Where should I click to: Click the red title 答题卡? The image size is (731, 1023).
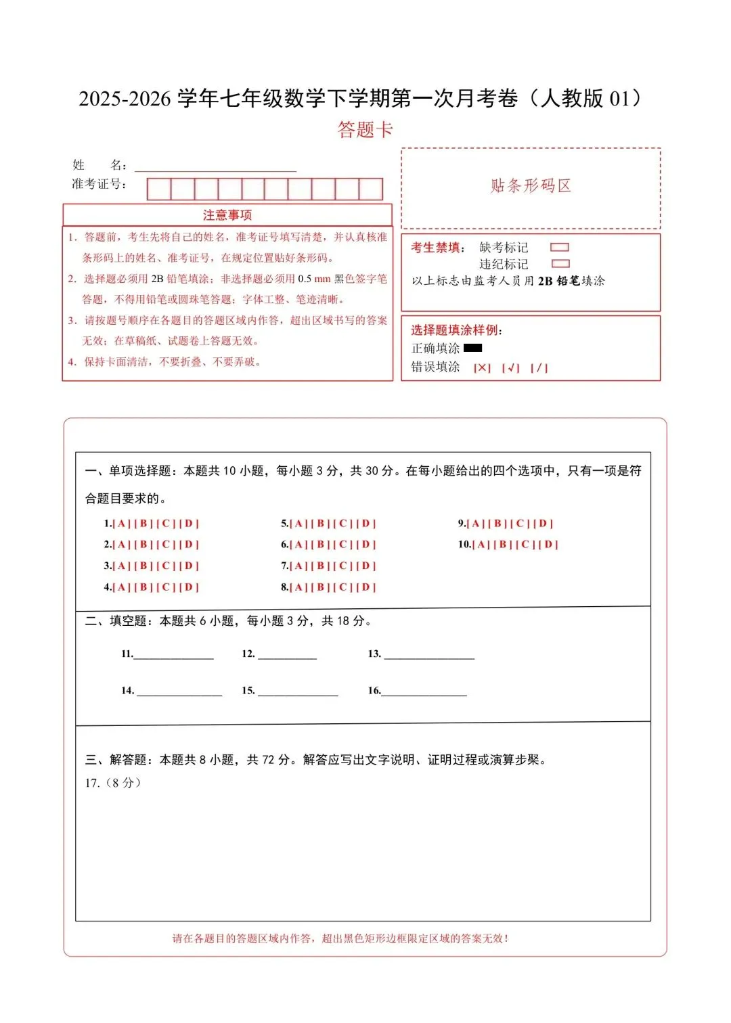tap(365, 129)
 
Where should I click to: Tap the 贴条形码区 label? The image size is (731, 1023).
tap(531, 186)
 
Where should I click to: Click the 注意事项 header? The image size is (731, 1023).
tap(227, 215)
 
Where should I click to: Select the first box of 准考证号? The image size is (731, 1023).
tap(159, 189)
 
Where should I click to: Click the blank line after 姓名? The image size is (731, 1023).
tap(215, 167)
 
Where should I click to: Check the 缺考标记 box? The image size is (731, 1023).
tap(560, 248)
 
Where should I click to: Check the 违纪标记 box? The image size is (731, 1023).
tap(560, 264)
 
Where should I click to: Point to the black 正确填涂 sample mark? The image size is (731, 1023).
tap(472, 348)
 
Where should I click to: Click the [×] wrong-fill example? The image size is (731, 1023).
tap(482, 368)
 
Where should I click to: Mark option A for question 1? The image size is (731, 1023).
tap(122, 524)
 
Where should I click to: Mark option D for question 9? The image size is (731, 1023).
tap(543, 524)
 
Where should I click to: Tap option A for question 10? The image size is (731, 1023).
tap(481, 545)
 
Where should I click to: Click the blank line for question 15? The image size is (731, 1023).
tap(298, 692)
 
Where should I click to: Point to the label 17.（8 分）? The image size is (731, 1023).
tap(113, 783)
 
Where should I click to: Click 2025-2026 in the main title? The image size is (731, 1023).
tap(125, 99)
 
